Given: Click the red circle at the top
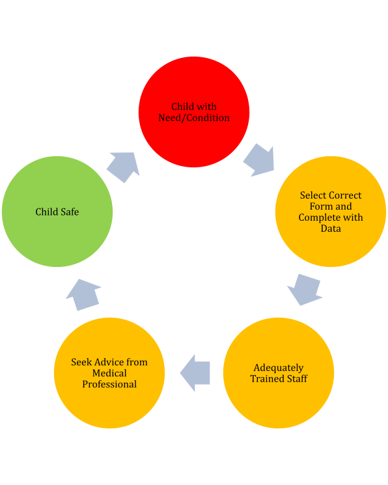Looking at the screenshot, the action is pos(194,112).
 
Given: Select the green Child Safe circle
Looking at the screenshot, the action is pos(57,212).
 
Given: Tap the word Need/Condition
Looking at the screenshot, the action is pos(194,118).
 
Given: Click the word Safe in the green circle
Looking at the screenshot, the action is pos(70,212).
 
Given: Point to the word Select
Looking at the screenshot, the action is pos(312,195).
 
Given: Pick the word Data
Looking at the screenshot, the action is pos(331,229).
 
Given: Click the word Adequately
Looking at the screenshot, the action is pos(279,368).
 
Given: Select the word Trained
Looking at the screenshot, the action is pos(266,379).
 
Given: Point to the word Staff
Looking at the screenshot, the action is pos(296,379).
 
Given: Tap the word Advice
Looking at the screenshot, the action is pos(106,362).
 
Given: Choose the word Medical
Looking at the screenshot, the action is pos(109,373).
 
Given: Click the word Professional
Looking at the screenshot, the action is pos(109,384).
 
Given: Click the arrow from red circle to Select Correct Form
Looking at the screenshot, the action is pos(260,160).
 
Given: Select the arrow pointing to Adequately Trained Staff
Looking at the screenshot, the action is pos(305,290).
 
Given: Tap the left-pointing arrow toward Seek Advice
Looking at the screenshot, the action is pos(195,373).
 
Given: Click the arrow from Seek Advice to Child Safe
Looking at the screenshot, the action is pos(83,295).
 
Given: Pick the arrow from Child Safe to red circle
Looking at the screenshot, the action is pos(124,167).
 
